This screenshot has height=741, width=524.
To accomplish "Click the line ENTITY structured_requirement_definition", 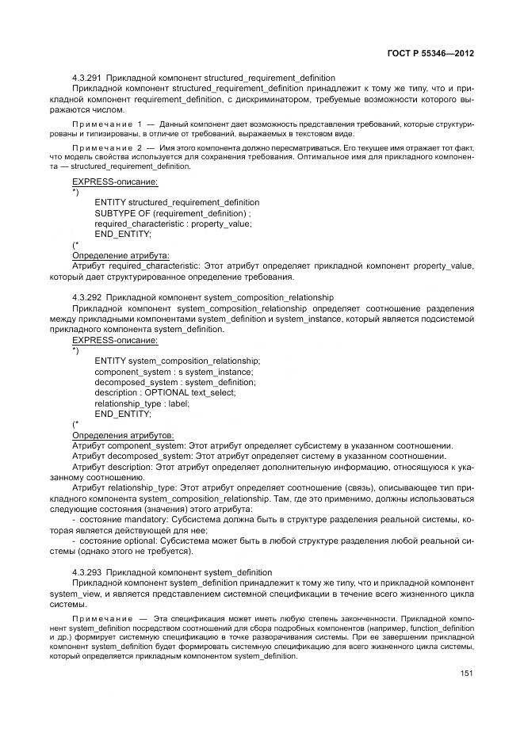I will point(177,203).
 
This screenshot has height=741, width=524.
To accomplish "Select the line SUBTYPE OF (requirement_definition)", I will point(173,213).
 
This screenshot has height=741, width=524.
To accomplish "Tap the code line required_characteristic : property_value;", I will point(173,223).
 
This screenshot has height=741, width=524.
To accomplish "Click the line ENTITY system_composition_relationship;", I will point(177,361).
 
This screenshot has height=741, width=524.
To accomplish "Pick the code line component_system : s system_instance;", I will point(174,372).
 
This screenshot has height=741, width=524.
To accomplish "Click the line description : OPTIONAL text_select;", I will point(165,392).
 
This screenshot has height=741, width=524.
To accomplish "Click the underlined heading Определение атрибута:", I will point(120,256).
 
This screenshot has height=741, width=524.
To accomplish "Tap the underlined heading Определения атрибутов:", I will point(123,435).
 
